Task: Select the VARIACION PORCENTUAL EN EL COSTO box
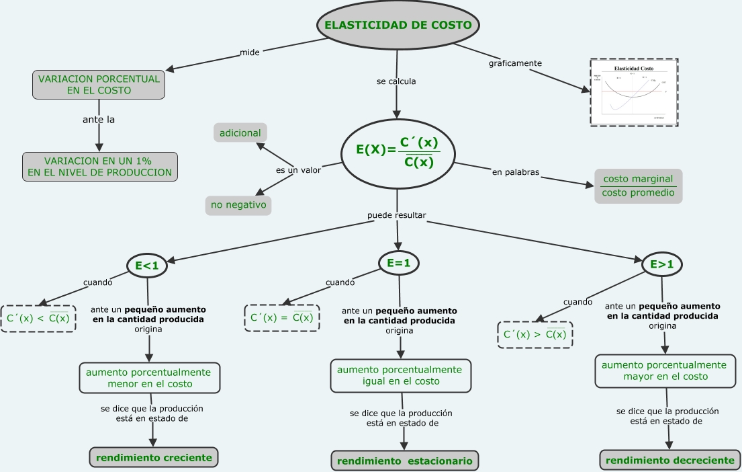pos(99,84)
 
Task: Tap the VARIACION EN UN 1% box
pos(99,167)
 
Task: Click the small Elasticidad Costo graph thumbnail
pos(634,92)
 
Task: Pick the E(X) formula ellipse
pos(398,153)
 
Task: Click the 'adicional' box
pos(240,133)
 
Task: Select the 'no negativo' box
pos(238,204)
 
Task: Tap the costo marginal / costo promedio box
pos(638,186)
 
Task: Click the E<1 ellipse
pos(147,266)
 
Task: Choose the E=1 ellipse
pos(398,264)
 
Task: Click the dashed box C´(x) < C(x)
pos(38,318)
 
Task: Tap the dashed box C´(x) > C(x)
pos(535,334)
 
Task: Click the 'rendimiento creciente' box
pos(154,458)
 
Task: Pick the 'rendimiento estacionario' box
pos(404,461)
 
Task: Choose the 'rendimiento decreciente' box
pos(670,461)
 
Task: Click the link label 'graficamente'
pos(515,63)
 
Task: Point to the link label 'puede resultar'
pos(396,216)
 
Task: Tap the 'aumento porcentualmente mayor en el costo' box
pos(663,371)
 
